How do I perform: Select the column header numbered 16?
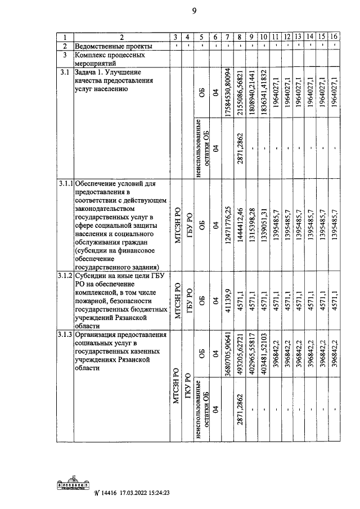tap(334, 37)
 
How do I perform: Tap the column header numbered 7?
tap(227, 37)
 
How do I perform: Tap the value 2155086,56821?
tap(240, 94)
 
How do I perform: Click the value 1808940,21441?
tap(252, 94)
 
